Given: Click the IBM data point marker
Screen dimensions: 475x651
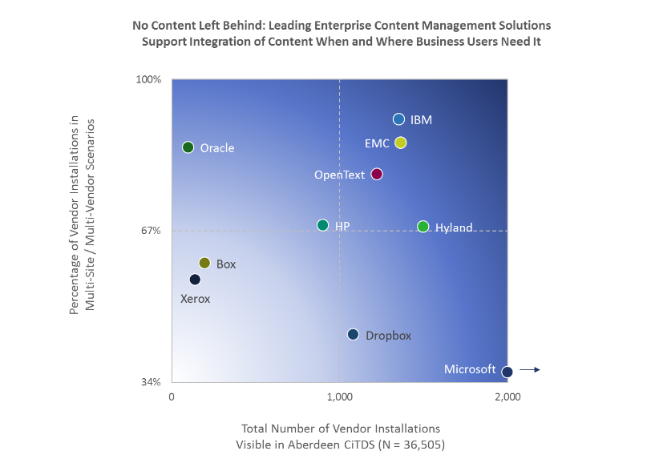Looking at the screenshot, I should click(x=398, y=119).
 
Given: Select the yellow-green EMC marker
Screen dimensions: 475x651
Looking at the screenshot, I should click(x=401, y=143).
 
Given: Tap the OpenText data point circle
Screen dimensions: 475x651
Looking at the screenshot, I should click(x=377, y=174).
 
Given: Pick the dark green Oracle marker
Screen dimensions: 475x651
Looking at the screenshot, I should click(x=188, y=147).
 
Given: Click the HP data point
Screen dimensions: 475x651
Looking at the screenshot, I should click(x=322, y=225).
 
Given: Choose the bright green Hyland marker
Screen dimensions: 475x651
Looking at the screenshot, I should click(x=423, y=227).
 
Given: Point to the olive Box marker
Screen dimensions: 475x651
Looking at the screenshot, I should click(x=204, y=263).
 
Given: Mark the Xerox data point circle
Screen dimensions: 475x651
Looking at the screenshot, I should click(x=195, y=280).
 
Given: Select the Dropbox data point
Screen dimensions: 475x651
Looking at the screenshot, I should click(x=353, y=334).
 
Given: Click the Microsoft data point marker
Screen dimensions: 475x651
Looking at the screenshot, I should click(x=507, y=372).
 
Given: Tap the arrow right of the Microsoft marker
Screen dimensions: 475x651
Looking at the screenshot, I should click(x=530, y=369).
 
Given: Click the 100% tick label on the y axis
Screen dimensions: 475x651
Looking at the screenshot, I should click(x=149, y=79).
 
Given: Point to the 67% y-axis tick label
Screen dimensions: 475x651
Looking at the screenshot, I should click(x=152, y=231).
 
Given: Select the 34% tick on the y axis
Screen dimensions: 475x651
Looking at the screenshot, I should click(x=152, y=382).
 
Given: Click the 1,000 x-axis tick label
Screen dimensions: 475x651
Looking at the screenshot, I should click(x=339, y=397).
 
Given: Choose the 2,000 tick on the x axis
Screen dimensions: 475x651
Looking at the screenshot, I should click(x=507, y=397).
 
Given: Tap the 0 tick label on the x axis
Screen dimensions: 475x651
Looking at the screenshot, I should click(x=172, y=397).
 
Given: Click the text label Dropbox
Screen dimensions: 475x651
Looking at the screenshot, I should click(x=388, y=336).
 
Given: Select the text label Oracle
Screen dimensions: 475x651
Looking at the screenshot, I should click(x=217, y=148).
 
